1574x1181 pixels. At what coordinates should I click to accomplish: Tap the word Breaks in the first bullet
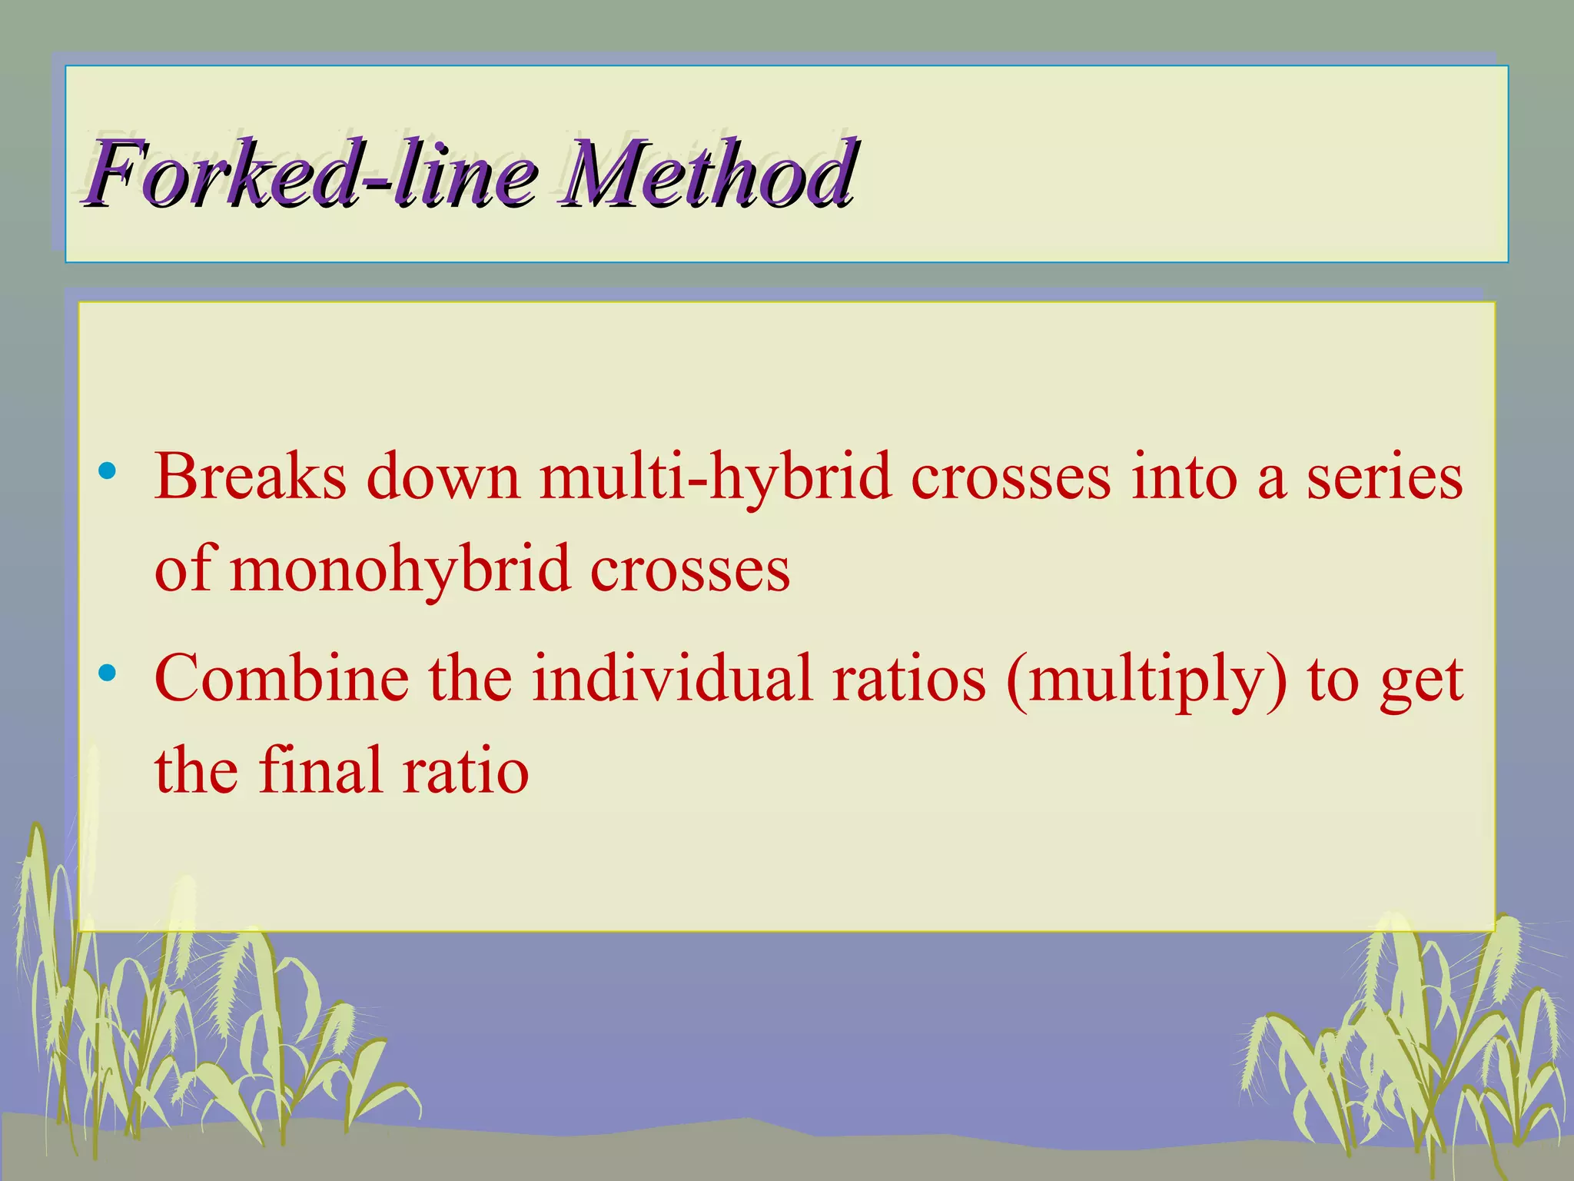point(251,477)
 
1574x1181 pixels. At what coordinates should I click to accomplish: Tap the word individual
point(672,678)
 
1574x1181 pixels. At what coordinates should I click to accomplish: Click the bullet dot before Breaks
point(108,471)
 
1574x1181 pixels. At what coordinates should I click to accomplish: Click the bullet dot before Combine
point(108,674)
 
